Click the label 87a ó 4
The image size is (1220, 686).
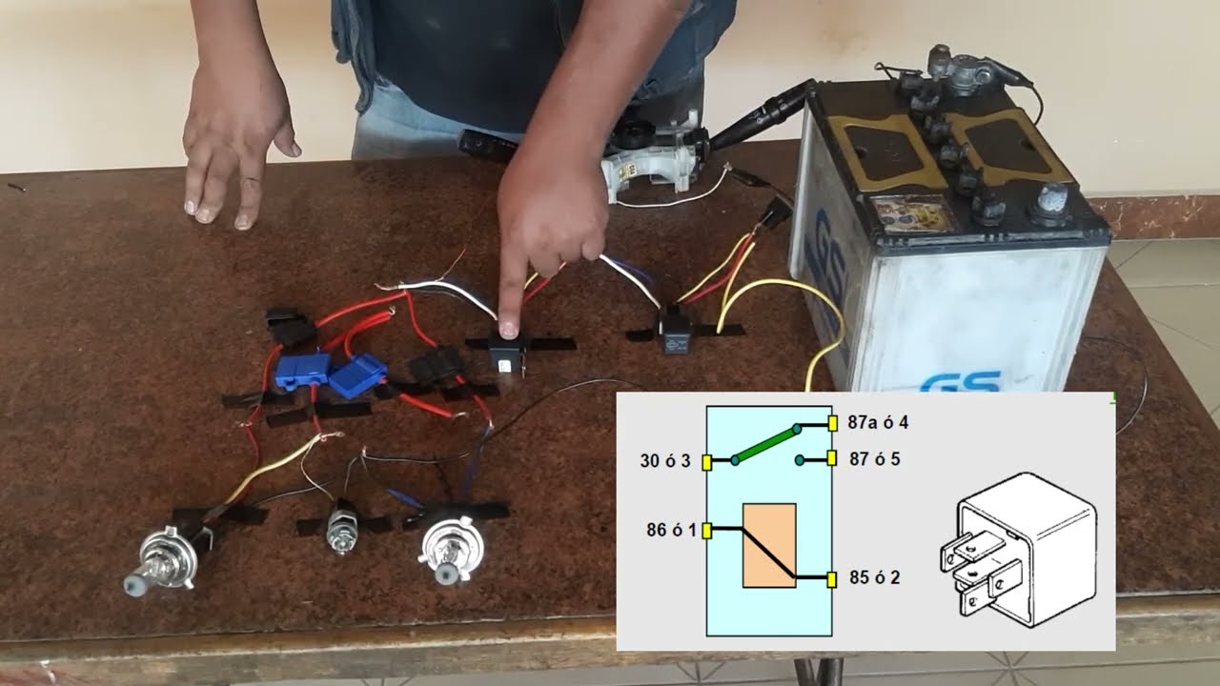click(878, 422)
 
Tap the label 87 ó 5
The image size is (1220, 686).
click(875, 459)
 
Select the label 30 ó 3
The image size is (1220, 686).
click(665, 461)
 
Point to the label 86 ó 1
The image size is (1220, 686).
click(672, 530)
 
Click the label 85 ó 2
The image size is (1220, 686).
click(875, 577)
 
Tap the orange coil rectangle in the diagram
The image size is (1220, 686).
click(769, 546)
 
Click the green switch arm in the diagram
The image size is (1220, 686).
click(765, 444)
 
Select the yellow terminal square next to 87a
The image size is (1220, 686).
click(832, 423)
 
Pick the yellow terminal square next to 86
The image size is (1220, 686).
click(707, 531)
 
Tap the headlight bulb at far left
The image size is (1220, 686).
click(162, 559)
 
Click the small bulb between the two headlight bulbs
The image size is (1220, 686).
click(341, 532)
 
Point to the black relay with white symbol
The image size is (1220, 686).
click(676, 330)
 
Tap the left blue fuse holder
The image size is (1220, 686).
click(302, 371)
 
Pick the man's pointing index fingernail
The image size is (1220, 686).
click(509, 330)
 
